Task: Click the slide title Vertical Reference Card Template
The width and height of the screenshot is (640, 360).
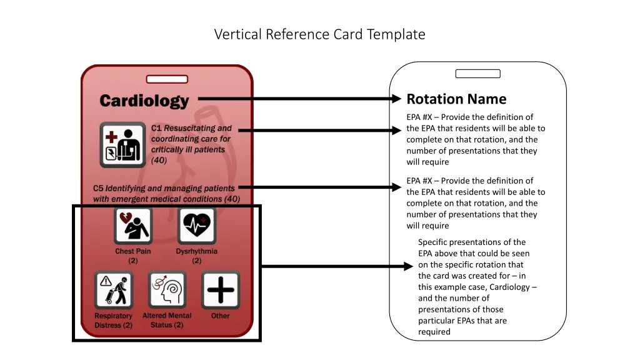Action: pyautogui.click(x=319, y=34)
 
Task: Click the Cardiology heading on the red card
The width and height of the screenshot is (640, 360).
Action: pyautogui.click(x=144, y=101)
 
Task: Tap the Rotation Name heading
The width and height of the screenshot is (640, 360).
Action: pyautogui.click(x=456, y=99)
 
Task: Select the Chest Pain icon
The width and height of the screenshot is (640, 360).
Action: pyautogui.click(x=133, y=226)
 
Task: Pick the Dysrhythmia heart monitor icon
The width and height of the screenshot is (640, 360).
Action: pyautogui.click(x=196, y=226)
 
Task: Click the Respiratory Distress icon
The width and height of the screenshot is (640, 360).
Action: pyautogui.click(x=113, y=289)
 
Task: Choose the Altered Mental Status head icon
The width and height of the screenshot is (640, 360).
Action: pyautogui.click(x=167, y=289)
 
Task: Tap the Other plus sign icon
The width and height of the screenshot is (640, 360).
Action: pyautogui.click(x=221, y=289)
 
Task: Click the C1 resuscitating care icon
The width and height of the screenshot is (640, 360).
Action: pyautogui.click(x=122, y=144)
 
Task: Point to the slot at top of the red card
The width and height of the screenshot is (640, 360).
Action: pyautogui.click(x=167, y=79)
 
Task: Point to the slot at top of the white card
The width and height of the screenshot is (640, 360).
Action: pyautogui.click(x=477, y=74)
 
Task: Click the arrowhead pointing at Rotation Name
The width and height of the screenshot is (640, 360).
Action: pyautogui.click(x=396, y=99)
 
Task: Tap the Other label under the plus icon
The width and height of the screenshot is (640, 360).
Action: pyautogui.click(x=221, y=316)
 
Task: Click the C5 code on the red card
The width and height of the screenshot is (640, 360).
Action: pyautogui.click(x=99, y=188)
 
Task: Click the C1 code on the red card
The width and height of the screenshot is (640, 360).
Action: pyautogui.click(x=156, y=128)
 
